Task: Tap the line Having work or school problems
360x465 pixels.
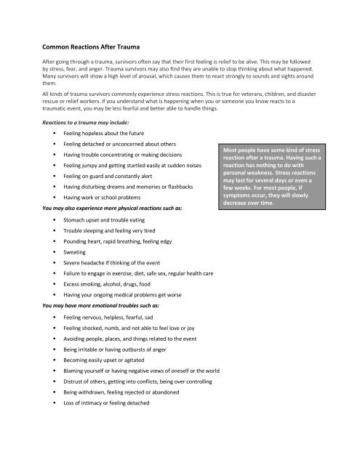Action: [107, 198]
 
